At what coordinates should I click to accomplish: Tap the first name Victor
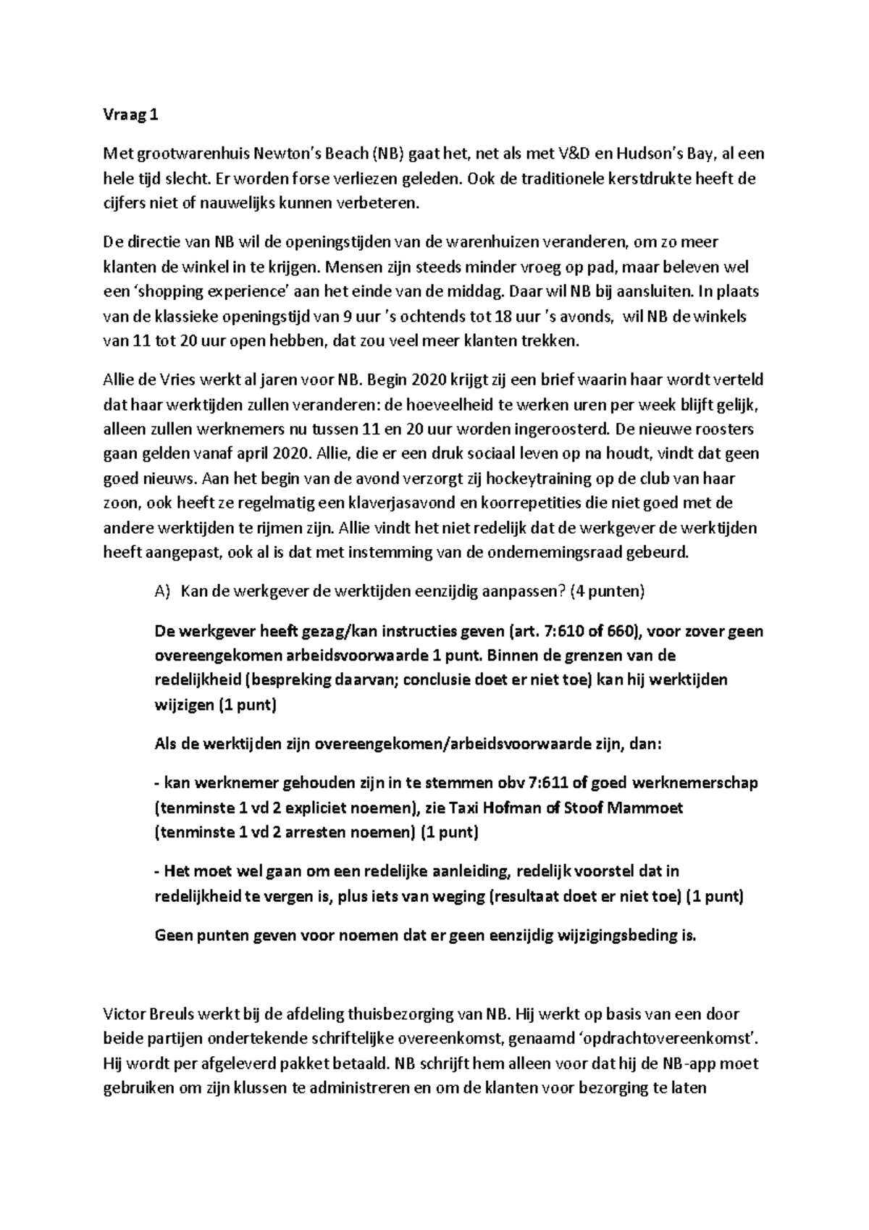(123, 1014)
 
